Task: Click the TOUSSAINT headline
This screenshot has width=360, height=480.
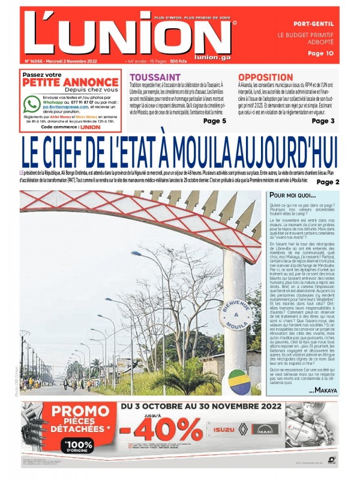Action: click(x=155, y=77)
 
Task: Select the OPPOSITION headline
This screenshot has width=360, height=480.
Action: click(x=265, y=77)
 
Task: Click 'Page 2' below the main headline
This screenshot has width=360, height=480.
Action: click(x=328, y=182)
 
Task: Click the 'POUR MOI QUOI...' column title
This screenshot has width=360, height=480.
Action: click(x=292, y=196)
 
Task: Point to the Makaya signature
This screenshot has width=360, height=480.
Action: click(x=323, y=391)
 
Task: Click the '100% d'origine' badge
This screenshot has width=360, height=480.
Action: click(x=76, y=446)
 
